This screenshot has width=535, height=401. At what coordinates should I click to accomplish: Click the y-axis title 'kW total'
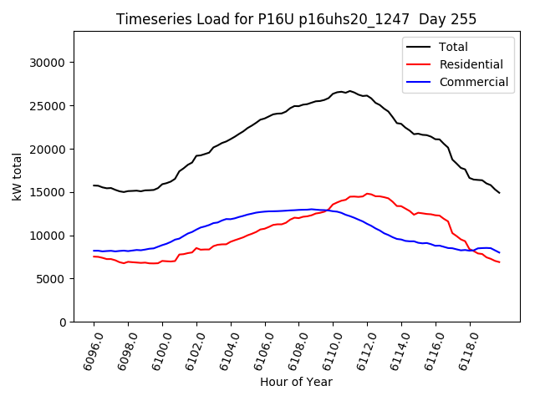[x=18, y=176]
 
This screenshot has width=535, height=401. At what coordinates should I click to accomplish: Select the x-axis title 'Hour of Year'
[x=296, y=382]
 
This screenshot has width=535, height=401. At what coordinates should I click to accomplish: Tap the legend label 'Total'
[x=454, y=47]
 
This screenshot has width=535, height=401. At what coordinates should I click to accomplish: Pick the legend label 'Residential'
[x=471, y=64]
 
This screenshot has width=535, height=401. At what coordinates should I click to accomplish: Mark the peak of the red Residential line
[x=367, y=194]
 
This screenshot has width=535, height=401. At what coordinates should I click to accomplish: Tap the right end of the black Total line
[x=499, y=193]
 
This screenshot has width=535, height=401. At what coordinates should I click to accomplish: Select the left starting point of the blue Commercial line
[x=94, y=251]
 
